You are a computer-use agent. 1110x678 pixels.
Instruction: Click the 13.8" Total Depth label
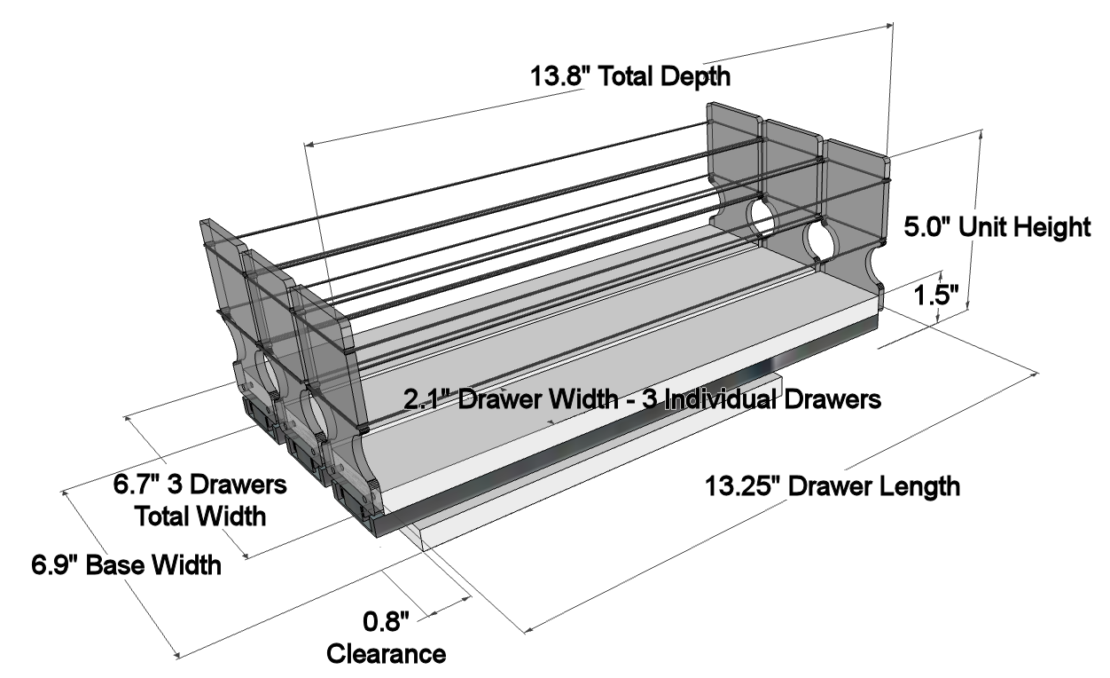(630, 76)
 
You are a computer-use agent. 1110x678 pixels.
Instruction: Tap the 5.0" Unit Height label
(997, 227)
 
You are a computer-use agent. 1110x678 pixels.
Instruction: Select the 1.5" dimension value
(936, 296)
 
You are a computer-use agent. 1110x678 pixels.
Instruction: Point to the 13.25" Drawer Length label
(832, 486)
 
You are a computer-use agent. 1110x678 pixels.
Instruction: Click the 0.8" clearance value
(386, 621)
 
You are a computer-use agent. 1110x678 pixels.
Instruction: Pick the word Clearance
(386, 654)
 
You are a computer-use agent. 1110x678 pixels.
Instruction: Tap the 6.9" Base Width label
(127, 565)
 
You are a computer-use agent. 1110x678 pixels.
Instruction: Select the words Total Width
(200, 516)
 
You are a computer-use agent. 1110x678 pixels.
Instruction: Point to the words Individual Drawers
(772, 399)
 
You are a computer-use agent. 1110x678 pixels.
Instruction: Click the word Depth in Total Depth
(695, 77)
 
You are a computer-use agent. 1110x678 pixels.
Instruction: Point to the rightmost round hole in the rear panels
(819, 241)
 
